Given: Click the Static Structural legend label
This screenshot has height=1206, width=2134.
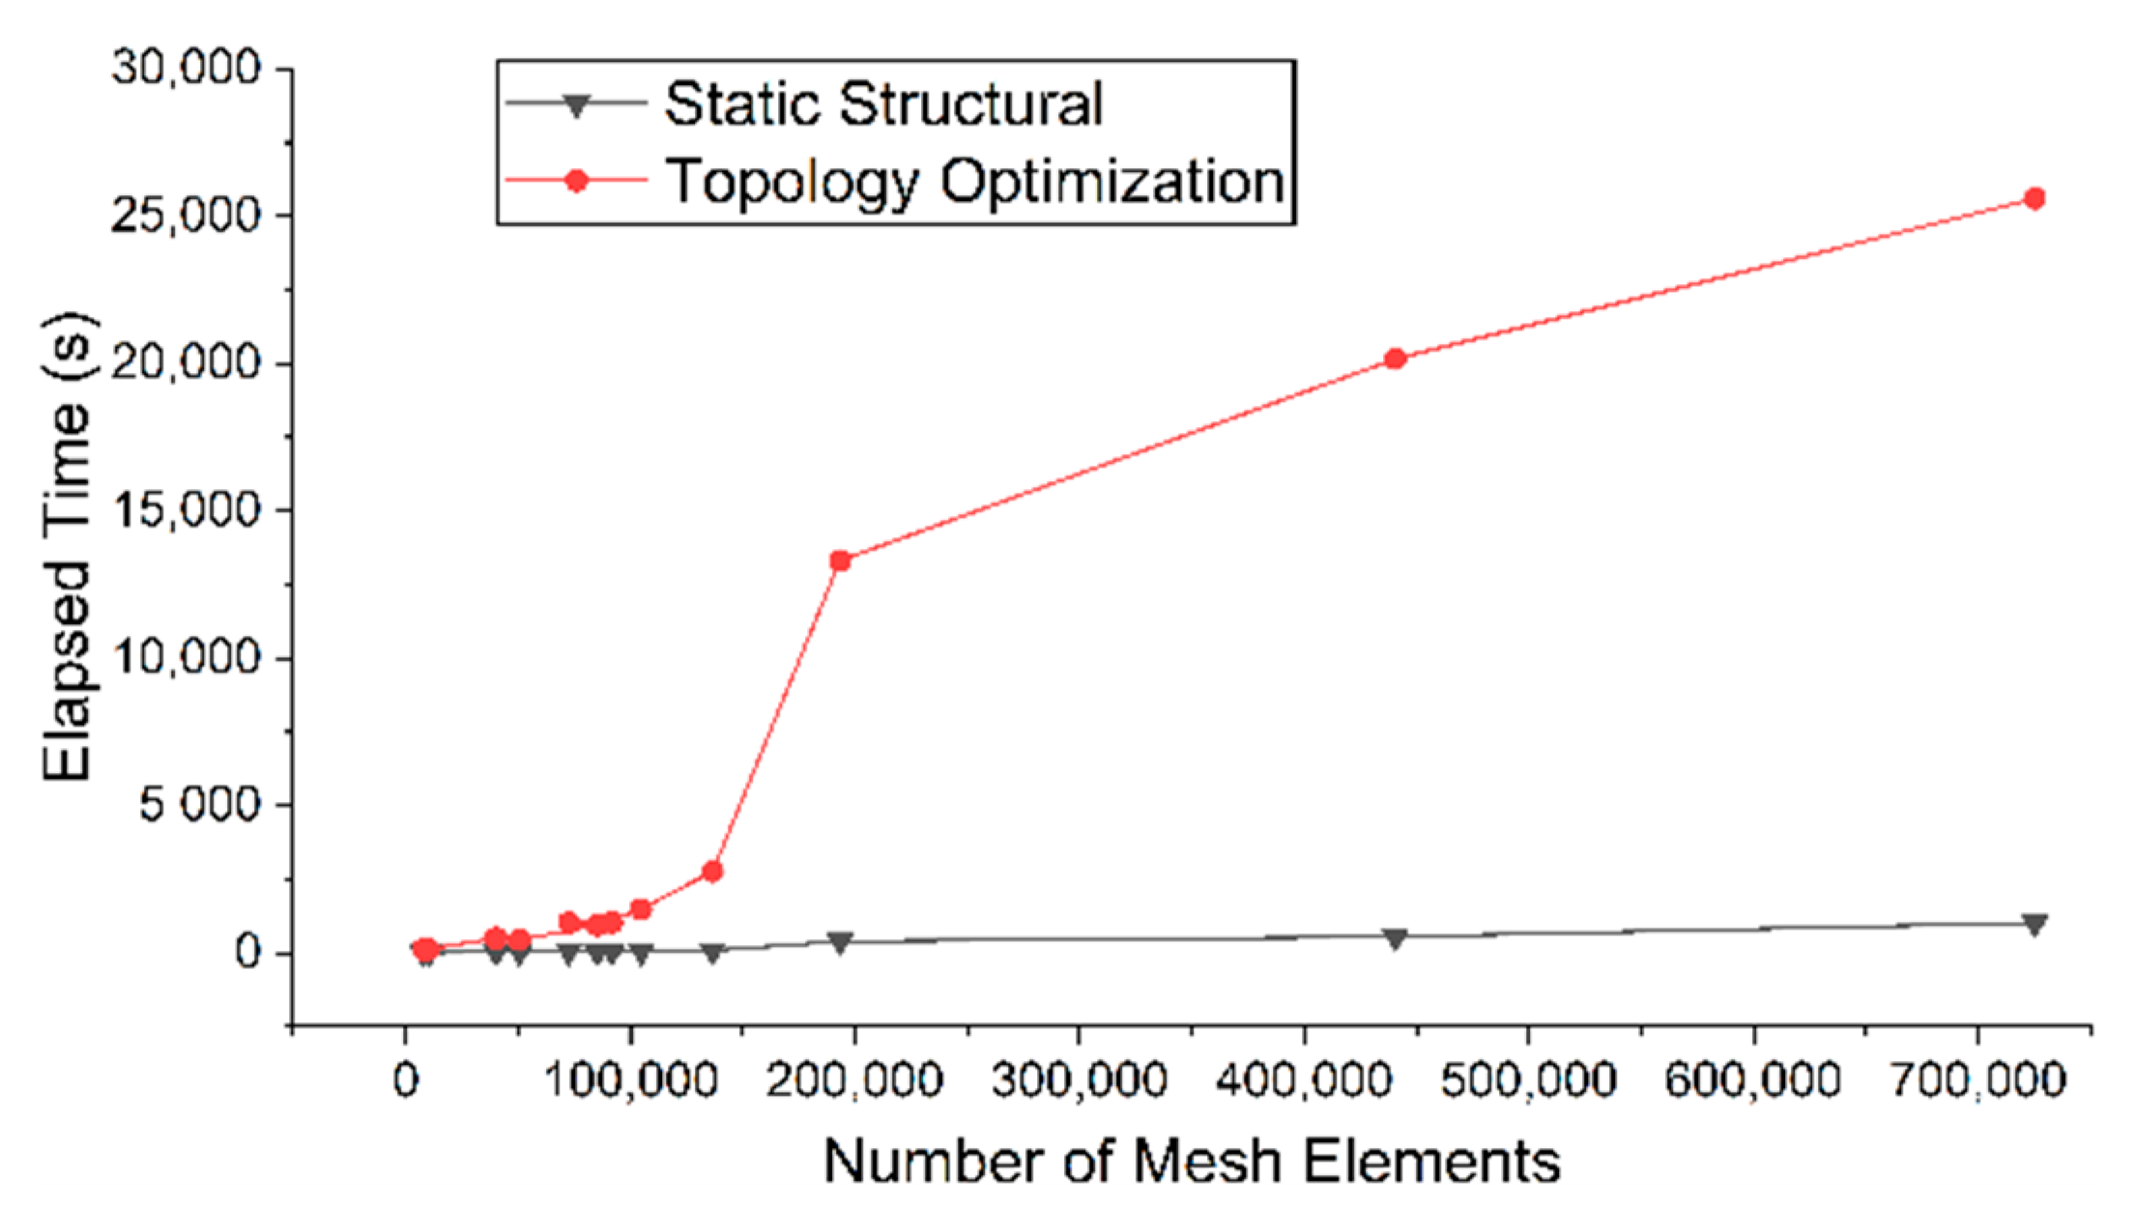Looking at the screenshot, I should (883, 104).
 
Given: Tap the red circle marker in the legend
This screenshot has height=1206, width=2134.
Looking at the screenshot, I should (577, 181).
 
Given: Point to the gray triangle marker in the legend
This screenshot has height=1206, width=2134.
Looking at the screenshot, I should (577, 105).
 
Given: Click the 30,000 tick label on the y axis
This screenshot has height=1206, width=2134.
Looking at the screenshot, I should (186, 68).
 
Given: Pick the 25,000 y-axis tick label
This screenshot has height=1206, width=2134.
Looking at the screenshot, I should (186, 215).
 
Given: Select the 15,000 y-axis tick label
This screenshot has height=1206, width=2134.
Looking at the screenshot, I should (186, 510).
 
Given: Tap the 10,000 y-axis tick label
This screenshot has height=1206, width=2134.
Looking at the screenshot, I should (186, 658).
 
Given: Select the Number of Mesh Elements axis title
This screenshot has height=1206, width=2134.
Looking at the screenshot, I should (1192, 1161).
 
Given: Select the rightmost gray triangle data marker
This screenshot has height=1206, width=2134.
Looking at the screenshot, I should (2034, 925).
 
